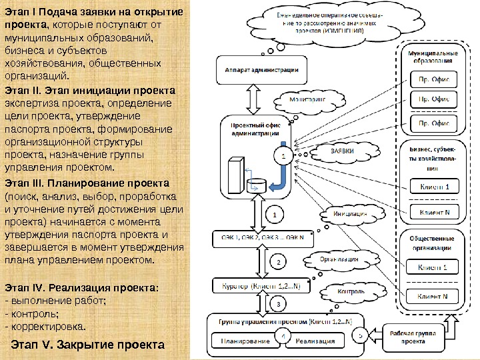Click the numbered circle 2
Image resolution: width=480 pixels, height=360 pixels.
[x=278, y=262]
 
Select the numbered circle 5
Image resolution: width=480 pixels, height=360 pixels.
[x=360, y=336]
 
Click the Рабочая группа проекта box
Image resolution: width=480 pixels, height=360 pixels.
[x=413, y=336]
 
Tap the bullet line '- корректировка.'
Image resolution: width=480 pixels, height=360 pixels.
[x=45, y=327]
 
